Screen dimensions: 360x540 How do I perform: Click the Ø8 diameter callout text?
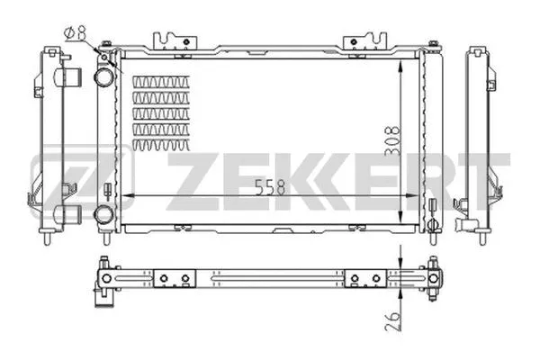click(x=75, y=33)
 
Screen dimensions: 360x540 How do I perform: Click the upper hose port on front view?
click(x=105, y=78)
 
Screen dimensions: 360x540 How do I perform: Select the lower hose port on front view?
click(x=105, y=214)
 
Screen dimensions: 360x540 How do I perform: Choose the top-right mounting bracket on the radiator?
click(x=364, y=40)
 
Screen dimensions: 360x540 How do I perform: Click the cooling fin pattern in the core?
click(x=161, y=112)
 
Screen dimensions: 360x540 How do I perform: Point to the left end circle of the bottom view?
click(x=106, y=279)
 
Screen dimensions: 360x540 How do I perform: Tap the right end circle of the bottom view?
click(x=435, y=279)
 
